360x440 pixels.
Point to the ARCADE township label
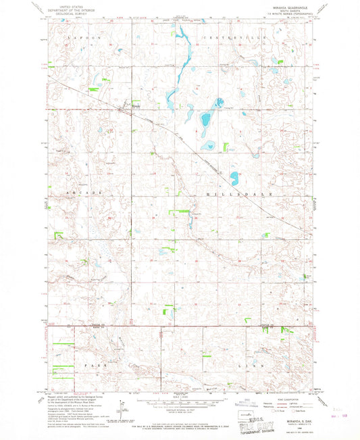click(80, 193)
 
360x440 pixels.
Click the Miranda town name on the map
click(135, 106)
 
